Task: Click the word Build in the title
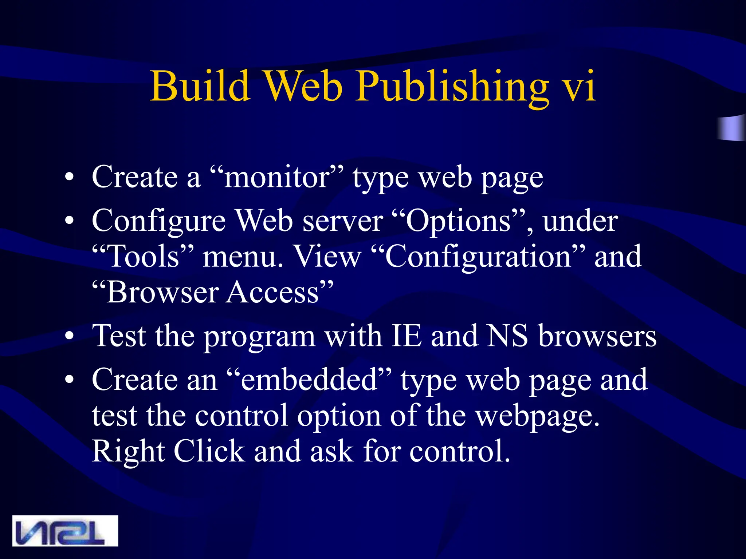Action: (200, 86)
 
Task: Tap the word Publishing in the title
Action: (452, 87)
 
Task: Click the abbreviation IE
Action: (406, 336)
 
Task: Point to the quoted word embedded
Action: (309, 380)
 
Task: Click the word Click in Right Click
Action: (209, 451)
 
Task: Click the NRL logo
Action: (65, 531)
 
